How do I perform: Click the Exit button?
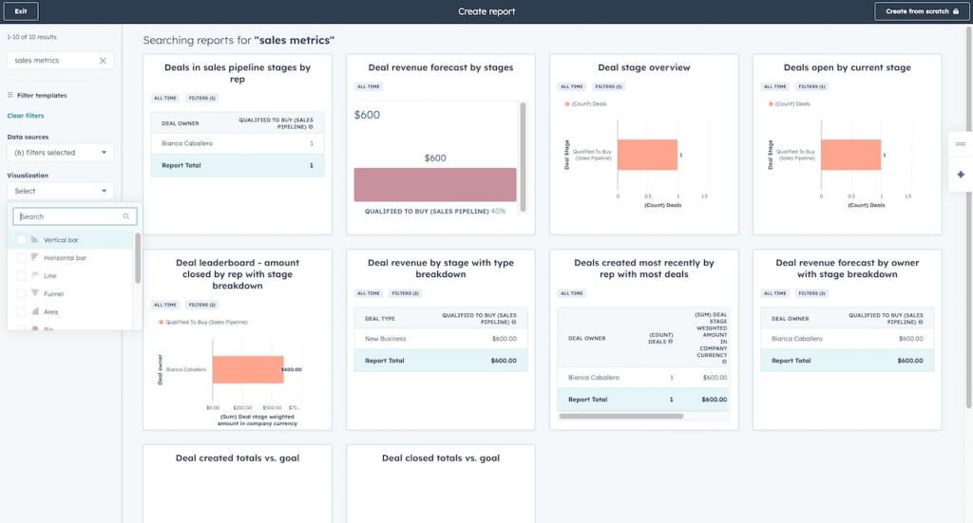point(20,11)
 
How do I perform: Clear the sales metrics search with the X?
point(103,61)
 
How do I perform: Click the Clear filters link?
point(26,116)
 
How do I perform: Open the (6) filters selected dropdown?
point(60,153)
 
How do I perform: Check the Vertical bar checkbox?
point(22,240)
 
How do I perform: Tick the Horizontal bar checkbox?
point(22,258)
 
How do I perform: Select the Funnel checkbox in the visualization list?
point(22,294)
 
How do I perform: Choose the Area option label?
point(50,312)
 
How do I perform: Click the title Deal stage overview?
point(643,68)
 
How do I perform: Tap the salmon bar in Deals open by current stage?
point(850,155)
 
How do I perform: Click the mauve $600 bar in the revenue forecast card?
point(435,185)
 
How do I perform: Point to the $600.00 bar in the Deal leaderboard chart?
point(247,369)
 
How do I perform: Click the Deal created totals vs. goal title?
point(238,458)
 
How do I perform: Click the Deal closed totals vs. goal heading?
point(440,458)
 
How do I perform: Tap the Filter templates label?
point(42,96)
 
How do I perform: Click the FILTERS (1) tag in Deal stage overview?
point(607,86)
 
